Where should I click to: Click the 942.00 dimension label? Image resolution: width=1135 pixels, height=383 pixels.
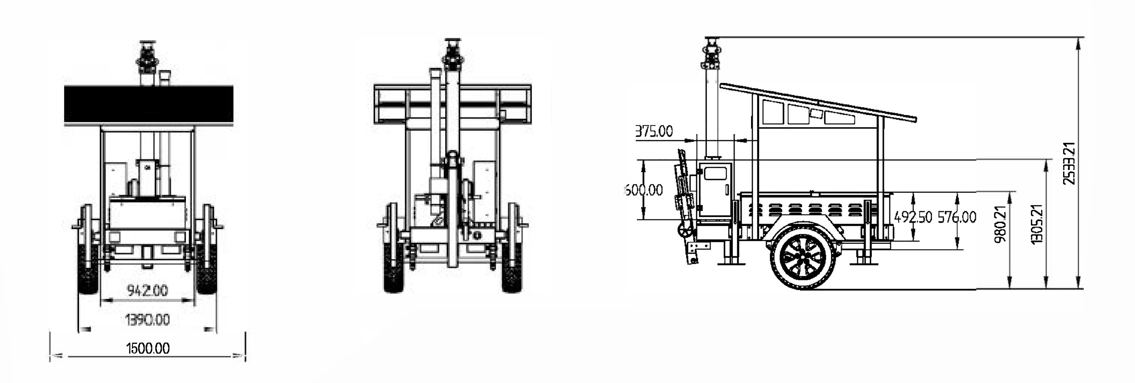click(x=148, y=290)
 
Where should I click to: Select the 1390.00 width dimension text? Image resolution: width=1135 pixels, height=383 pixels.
click(x=148, y=319)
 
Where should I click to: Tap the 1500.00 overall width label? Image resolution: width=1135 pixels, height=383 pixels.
click(x=148, y=349)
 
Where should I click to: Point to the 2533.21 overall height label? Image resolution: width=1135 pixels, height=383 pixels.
click(x=1069, y=163)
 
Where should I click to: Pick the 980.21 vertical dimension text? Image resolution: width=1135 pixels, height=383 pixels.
click(x=1001, y=224)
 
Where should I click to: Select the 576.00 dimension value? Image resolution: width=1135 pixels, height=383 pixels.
click(x=957, y=217)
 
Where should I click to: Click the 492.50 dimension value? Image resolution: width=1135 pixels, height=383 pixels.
click(x=913, y=217)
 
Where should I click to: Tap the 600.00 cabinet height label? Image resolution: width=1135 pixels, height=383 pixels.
click(x=644, y=190)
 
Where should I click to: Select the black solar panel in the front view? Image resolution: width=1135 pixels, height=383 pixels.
click(x=148, y=105)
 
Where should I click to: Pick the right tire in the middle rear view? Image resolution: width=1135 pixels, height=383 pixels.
click(x=512, y=267)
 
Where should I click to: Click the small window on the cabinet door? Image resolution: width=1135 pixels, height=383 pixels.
click(x=715, y=173)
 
